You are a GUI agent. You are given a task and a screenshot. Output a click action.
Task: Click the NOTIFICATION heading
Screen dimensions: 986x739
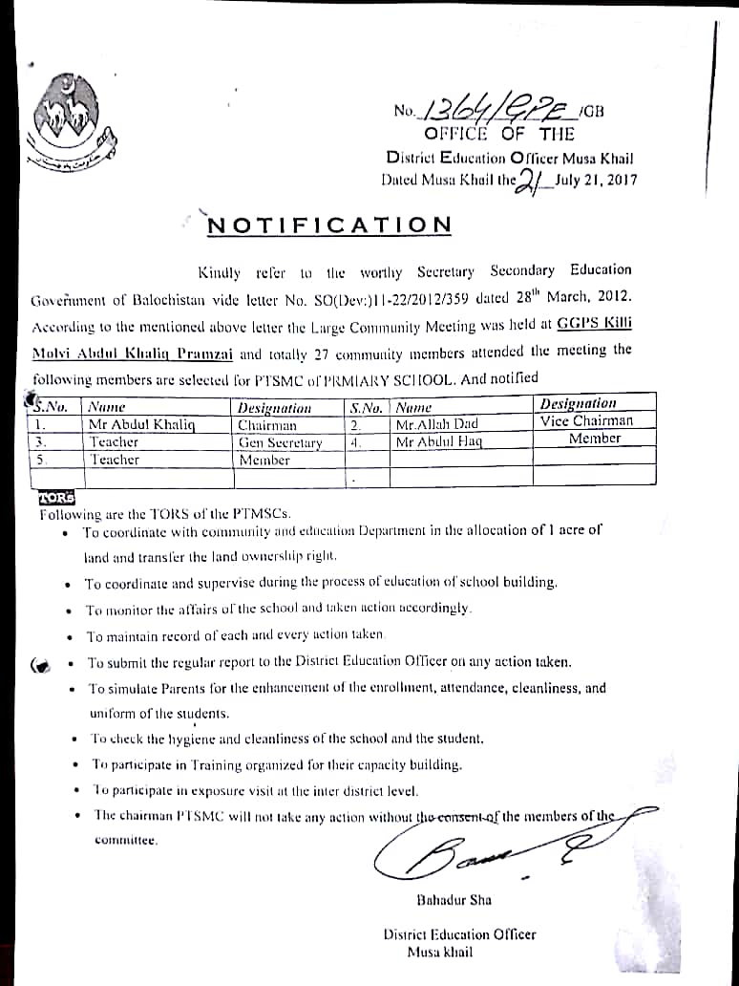(329, 225)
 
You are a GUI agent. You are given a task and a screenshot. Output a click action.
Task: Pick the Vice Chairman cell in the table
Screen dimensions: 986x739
(585, 421)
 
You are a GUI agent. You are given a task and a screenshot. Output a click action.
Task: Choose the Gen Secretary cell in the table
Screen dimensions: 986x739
(280, 442)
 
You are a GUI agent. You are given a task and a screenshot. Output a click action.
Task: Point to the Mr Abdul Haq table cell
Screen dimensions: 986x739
(439, 442)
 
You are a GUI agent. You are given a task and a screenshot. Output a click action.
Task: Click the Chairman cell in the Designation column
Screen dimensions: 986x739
(267, 425)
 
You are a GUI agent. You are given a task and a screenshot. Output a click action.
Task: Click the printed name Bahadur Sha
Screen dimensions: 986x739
(454, 900)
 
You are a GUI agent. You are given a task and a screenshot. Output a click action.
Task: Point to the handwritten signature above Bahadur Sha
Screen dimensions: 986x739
(477, 850)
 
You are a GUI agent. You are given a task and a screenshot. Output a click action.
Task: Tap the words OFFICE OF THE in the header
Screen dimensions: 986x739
(499, 135)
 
